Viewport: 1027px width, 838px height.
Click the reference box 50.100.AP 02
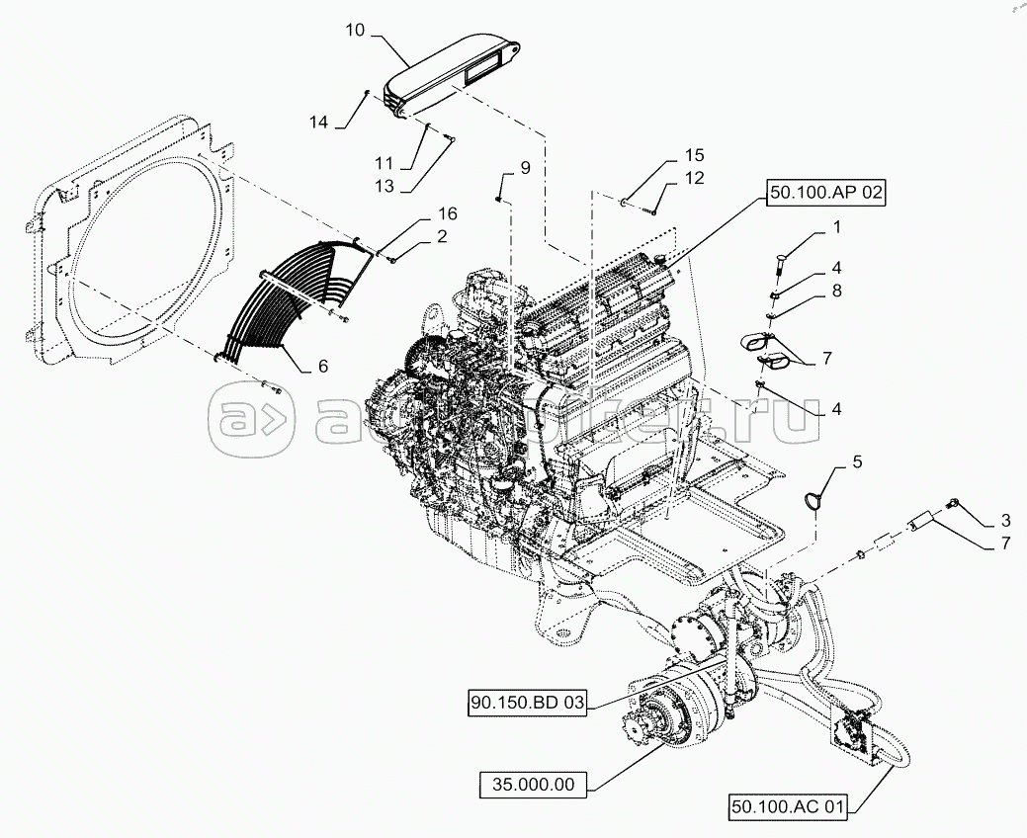[823, 195]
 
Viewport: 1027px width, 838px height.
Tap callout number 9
[525, 168]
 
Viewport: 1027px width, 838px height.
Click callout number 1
[836, 228]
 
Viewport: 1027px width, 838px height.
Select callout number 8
[836, 291]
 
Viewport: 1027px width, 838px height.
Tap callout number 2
[441, 236]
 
